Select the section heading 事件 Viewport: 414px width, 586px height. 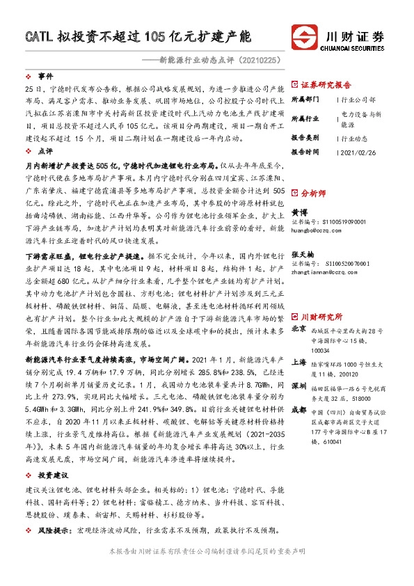pyautogui.click(x=45, y=75)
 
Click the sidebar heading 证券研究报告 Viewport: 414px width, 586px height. pyautogui.click(x=326, y=84)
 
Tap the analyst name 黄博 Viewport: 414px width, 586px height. pyautogui.click(x=298, y=212)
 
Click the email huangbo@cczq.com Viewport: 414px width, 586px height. pyautogui.click(x=318, y=228)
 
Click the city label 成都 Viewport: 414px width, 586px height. pyautogui.click(x=298, y=410)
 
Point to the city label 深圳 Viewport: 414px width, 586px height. pyautogui.click(x=298, y=385)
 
